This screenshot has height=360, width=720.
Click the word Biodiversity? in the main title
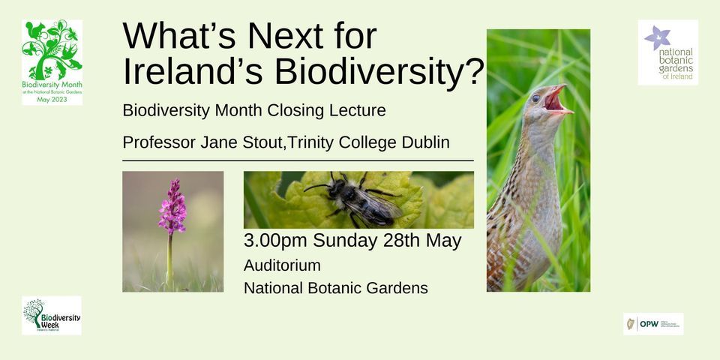[379, 71]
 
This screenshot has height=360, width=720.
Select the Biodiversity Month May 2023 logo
[52, 62]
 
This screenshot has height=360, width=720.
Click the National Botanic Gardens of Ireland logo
[667, 52]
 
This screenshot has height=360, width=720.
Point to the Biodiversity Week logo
[52, 314]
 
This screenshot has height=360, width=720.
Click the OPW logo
[652, 323]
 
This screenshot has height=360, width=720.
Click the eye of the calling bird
[535, 97]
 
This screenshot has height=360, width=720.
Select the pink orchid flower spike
[172, 206]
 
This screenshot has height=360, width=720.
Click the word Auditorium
[282, 265]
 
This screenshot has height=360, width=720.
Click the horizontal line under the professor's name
[298, 160]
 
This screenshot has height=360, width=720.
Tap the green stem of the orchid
[170, 259]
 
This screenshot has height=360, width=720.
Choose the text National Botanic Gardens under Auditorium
[335, 288]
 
